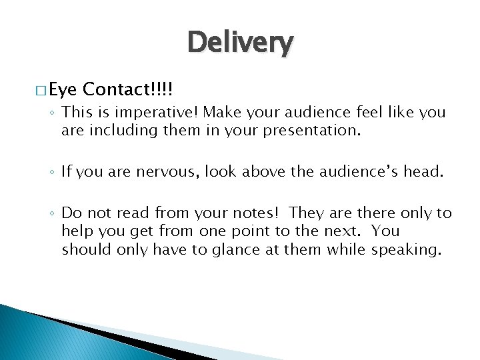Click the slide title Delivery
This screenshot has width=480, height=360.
point(240,43)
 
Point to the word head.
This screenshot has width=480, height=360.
point(423,172)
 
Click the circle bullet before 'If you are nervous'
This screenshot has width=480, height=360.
point(52,173)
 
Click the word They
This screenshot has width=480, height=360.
point(307,213)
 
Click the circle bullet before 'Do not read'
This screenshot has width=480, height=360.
point(52,213)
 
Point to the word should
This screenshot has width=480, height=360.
point(84,249)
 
